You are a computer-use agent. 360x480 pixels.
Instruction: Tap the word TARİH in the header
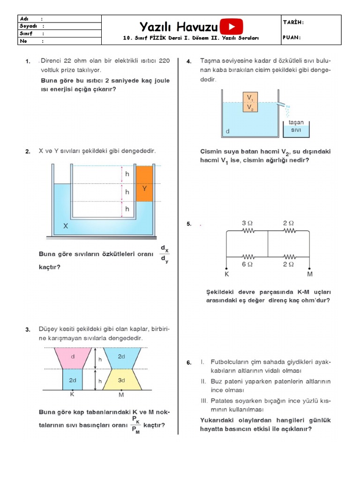click(293, 22)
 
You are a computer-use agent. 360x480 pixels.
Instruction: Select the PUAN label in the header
click(292, 38)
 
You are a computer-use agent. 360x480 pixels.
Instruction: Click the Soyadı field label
click(27, 26)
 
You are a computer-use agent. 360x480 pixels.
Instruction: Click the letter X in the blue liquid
click(66, 225)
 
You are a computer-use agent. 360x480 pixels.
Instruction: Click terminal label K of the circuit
click(227, 274)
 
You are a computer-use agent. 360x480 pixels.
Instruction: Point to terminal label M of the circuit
click(309, 274)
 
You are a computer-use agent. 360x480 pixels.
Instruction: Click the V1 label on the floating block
click(251, 98)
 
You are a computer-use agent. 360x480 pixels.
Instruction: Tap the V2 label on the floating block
click(251, 108)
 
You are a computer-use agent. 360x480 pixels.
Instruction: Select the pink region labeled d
click(73, 357)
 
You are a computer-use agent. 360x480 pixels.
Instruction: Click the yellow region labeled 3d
click(121, 380)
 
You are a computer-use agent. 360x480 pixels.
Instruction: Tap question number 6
click(188, 362)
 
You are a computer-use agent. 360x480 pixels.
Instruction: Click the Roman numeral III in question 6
click(203, 401)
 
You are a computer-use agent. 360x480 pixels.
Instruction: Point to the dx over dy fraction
click(164, 254)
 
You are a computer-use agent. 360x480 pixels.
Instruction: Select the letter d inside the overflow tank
click(228, 131)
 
